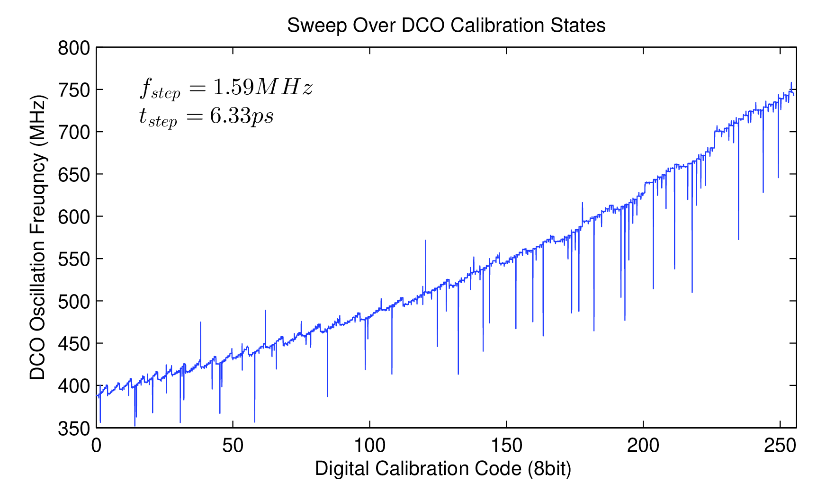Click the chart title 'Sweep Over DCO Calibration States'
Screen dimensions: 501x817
pos(446,26)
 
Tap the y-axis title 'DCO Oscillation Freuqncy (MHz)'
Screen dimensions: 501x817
pos(38,238)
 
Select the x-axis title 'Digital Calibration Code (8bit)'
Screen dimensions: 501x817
pos(443,468)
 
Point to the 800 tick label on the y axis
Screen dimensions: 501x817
pos(74,48)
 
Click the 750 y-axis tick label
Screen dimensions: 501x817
pos(74,90)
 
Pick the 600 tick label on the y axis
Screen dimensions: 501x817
pos(74,216)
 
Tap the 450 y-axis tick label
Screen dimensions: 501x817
pos(74,343)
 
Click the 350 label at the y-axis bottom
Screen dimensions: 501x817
pos(74,428)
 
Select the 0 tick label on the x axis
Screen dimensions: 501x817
pos(96,446)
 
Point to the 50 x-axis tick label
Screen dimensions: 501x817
pos(233,446)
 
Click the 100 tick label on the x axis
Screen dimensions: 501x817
pos(369,446)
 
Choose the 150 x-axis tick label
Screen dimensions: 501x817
pos(506,446)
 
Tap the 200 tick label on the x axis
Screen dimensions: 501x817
pos(643,446)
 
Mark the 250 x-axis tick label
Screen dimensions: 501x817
pos(780,446)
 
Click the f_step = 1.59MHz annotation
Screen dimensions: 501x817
pos(226,88)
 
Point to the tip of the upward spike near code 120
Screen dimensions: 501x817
pos(425,241)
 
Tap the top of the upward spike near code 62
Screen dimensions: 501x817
pos(265,311)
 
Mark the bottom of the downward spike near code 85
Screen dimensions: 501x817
pos(327,396)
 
